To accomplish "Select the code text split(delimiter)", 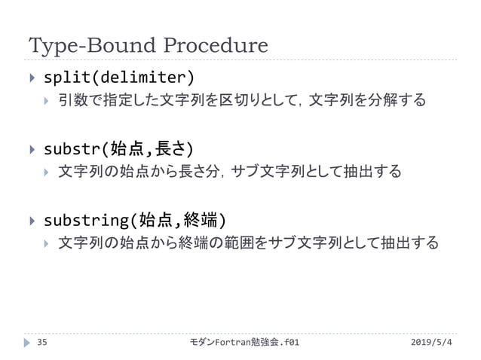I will click(x=118, y=77).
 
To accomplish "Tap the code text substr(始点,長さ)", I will click(x=118, y=146).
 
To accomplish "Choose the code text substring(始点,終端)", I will click(x=134, y=221).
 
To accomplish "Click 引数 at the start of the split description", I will click(x=73, y=100).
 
